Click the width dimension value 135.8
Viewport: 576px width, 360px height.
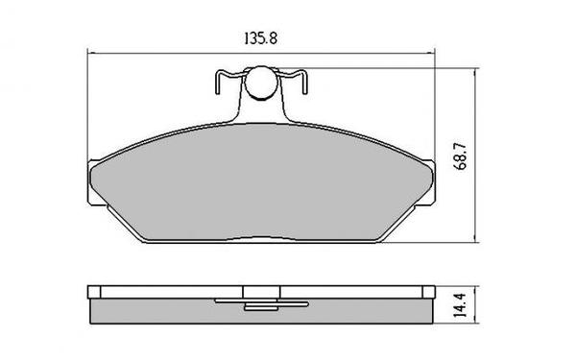point(259,39)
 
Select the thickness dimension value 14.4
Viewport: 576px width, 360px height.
point(462,306)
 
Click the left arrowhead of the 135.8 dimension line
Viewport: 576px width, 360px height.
point(91,53)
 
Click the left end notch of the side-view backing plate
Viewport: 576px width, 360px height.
point(93,292)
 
